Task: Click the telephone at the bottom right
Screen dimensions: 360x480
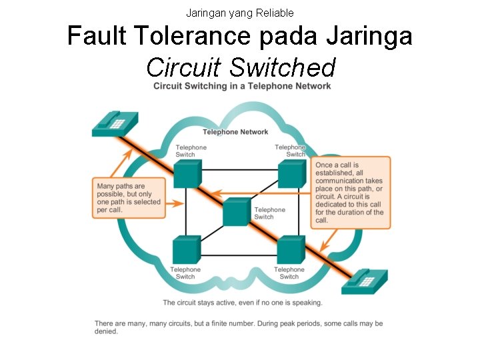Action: pos(364,281)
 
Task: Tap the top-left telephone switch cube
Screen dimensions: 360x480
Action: pos(187,173)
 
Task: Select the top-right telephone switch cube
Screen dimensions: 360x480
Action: pos(291,173)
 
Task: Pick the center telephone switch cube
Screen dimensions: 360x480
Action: pos(236,212)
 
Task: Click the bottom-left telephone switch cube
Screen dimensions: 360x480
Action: pos(186,250)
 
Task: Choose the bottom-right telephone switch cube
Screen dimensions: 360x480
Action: pos(290,249)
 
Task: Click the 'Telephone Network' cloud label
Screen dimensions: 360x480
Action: pos(235,132)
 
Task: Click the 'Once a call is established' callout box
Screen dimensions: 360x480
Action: pos(349,193)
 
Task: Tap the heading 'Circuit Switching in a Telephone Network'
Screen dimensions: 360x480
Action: pos(242,86)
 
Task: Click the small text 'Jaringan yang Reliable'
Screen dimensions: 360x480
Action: pos(239,13)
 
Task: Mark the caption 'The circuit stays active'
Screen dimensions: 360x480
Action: pos(242,303)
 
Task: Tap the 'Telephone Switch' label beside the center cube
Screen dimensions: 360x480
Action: pos(269,213)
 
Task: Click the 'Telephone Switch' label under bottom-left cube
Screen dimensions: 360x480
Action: pos(185,273)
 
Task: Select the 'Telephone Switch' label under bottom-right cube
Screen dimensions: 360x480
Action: pos(289,273)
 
